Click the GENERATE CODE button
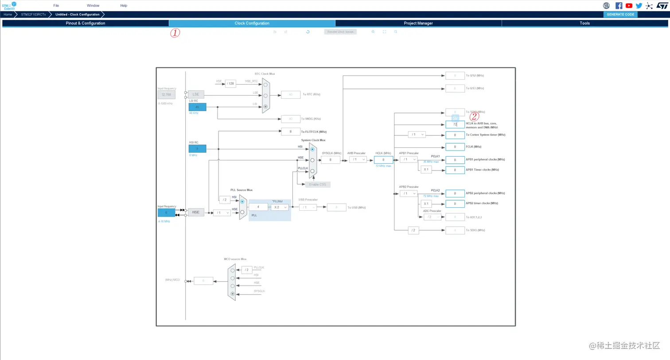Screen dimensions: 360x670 (x=620, y=15)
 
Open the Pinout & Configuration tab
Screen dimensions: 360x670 (x=85, y=23)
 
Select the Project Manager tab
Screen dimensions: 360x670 (x=418, y=23)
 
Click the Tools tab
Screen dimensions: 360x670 (x=584, y=23)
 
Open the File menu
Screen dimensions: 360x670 (x=56, y=6)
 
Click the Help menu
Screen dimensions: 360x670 (x=124, y=6)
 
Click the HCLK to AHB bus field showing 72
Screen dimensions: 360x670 (x=455, y=125)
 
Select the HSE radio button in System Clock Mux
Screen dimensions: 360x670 (x=312, y=160)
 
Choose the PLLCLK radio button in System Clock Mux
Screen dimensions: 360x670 (x=312, y=171)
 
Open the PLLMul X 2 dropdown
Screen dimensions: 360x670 (x=280, y=207)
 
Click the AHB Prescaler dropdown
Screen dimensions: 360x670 (x=358, y=159)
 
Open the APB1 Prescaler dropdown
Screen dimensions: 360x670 (x=408, y=159)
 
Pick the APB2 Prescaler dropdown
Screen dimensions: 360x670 (x=408, y=194)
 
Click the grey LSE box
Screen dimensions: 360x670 (x=195, y=94)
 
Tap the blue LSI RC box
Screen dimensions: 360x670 (x=197, y=107)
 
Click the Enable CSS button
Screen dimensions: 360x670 (x=317, y=185)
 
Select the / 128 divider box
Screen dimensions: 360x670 (x=230, y=84)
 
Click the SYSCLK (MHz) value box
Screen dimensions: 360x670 (x=330, y=160)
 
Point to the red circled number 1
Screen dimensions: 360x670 (x=175, y=33)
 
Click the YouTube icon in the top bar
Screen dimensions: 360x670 (x=629, y=6)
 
